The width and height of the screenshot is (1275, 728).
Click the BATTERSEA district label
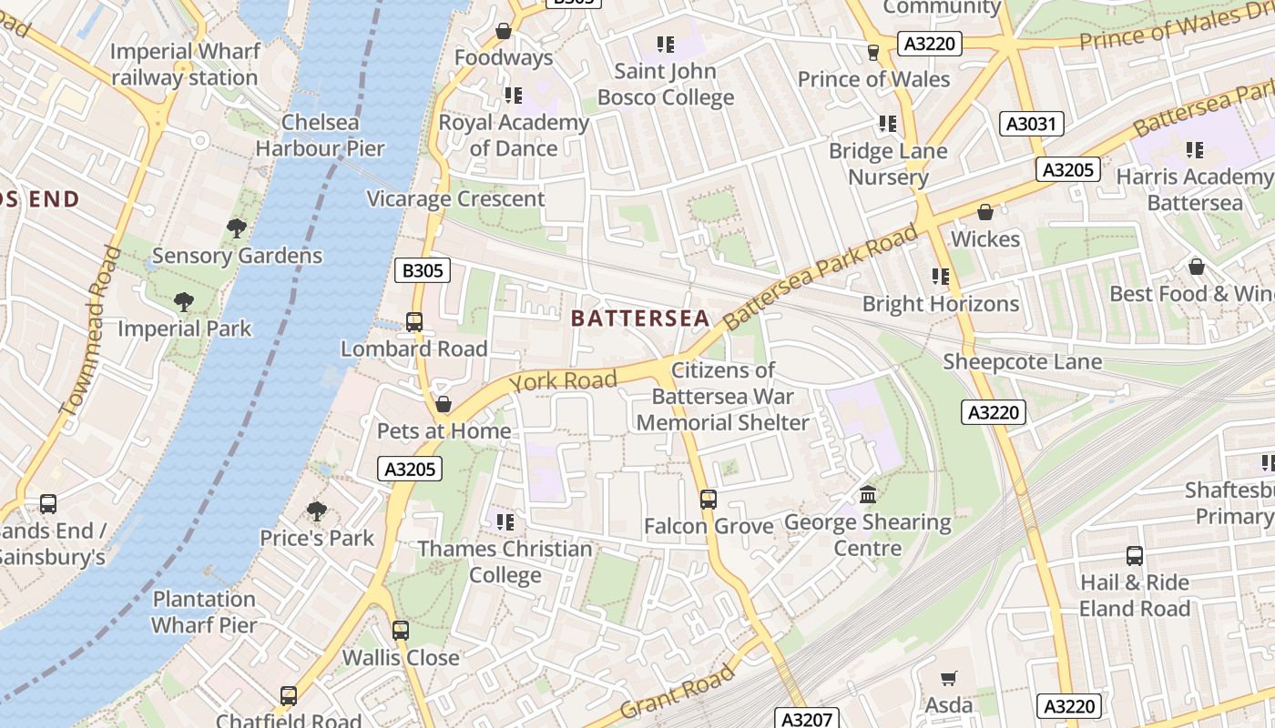point(639,318)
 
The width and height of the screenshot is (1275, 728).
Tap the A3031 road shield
point(1032,124)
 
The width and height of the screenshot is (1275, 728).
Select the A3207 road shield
point(807,718)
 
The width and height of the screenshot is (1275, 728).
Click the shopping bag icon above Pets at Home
point(444,403)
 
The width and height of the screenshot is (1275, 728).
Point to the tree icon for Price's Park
point(316,511)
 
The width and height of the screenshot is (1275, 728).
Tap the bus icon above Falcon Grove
point(709,499)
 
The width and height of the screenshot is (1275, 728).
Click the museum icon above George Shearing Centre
point(868,495)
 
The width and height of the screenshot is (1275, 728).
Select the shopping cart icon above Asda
point(948,678)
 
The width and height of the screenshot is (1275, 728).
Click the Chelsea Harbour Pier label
point(320,135)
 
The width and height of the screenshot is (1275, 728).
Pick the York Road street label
point(563,379)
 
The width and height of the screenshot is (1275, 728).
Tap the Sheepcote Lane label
point(1022,361)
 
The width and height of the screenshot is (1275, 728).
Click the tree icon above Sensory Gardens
point(237,228)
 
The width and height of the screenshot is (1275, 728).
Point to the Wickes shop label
point(985,238)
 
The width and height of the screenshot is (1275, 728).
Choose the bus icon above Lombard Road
point(414,321)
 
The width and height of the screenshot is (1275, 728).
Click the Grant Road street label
point(677,691)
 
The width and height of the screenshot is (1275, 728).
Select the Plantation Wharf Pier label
point(204,612)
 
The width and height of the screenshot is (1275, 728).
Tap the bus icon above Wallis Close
point(401,630)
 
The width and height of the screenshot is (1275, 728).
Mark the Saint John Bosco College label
point(666,84)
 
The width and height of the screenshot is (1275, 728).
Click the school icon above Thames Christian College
point(505,521)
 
